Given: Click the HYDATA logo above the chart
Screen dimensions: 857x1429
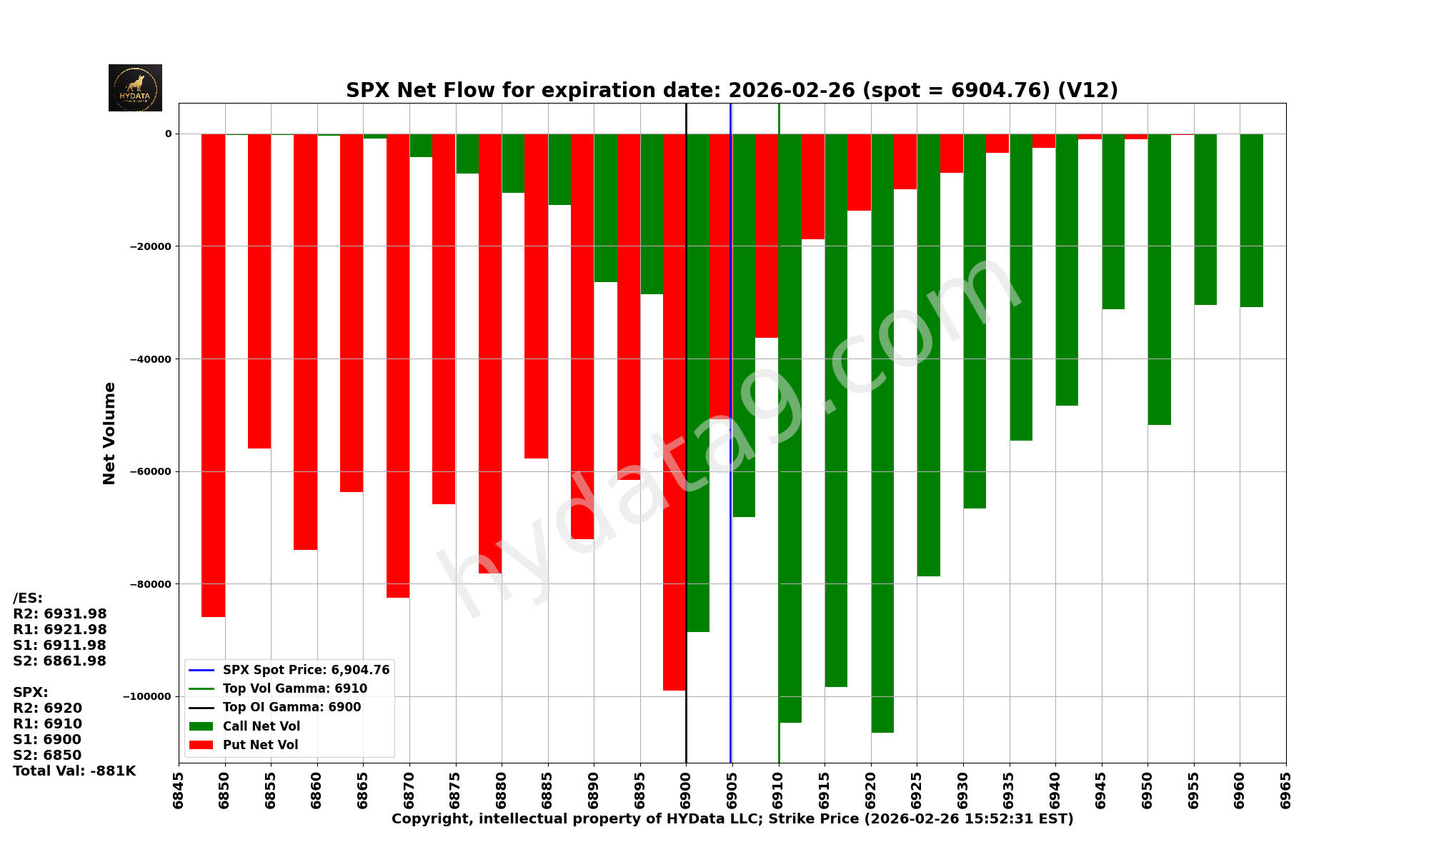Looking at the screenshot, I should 135,88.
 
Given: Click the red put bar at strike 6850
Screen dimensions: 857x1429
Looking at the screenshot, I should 214,375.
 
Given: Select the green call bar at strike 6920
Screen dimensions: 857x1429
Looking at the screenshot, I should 882,432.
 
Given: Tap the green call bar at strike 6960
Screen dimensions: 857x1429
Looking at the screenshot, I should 1251,220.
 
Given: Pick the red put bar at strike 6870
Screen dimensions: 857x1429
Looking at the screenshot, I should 398,365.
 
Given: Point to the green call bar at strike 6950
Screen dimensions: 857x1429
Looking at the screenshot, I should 1159,279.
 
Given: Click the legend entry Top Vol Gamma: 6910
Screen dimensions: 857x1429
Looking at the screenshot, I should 294,688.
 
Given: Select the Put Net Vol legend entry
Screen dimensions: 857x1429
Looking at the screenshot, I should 260,745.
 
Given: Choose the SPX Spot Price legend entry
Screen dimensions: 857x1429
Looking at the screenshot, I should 306,670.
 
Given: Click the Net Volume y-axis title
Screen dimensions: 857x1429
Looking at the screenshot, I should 109,433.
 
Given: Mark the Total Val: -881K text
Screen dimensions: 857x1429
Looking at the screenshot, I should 74,771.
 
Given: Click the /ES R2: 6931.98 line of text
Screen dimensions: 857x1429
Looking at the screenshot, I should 60,614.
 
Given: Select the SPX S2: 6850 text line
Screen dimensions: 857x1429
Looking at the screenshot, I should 47,756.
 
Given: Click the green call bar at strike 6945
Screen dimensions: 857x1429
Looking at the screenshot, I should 1113,221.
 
